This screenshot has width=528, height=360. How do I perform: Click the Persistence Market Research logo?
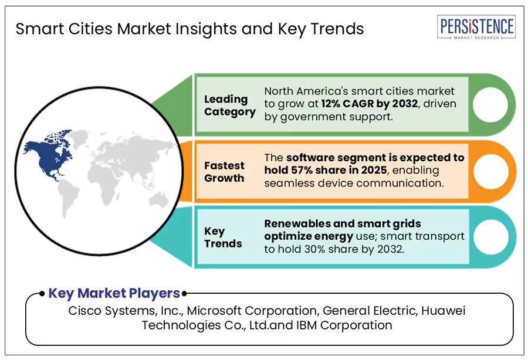476,27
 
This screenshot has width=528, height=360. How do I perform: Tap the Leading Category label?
229,106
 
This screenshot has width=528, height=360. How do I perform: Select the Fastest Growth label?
224,172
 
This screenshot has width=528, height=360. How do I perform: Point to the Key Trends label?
223,237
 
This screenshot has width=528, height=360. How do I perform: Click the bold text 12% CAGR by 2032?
370,104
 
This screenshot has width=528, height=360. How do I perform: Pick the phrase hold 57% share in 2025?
326,170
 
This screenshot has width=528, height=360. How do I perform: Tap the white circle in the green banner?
490,104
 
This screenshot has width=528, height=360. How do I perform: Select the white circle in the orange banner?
490,171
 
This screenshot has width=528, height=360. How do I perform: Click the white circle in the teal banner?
490,236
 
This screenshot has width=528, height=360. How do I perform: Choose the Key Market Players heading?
114,293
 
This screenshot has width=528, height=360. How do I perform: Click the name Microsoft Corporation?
252,311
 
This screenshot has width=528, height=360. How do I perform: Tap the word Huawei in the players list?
444,311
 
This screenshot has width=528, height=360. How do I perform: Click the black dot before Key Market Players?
42,294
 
